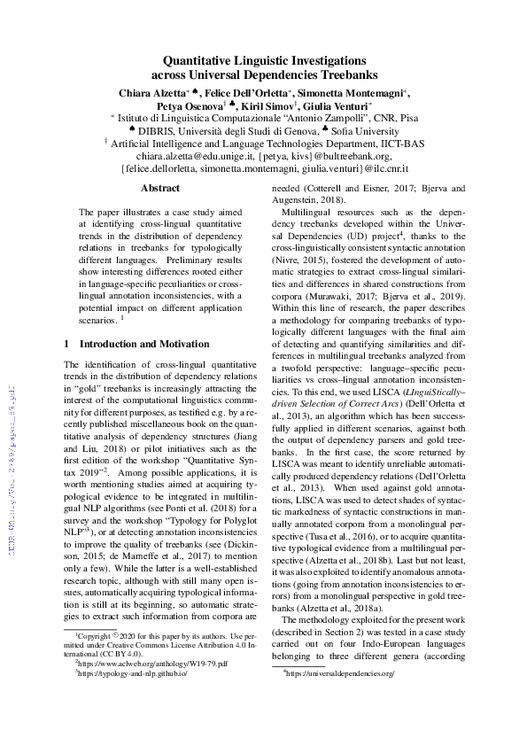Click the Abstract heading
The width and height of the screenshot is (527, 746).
[160, 189]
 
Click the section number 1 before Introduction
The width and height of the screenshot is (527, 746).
[67, 343]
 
